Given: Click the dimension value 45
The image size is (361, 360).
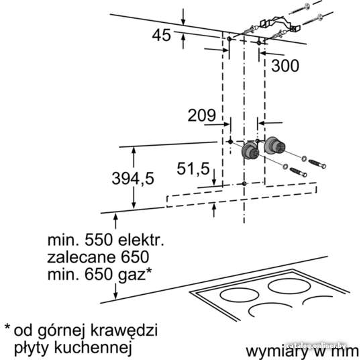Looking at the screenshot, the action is click(x=162, y=36).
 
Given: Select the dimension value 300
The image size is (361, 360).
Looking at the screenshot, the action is click(x=285, y=65).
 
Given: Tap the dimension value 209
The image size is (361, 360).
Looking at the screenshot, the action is click(x=202, y=116).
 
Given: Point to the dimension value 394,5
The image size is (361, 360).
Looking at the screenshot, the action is click(x=133, y=179).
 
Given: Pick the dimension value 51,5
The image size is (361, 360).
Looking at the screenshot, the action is click(x=193, y=169).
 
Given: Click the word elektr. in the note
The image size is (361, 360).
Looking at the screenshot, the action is click(x=141, y=240).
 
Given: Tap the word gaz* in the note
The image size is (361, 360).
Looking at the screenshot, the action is click(x=134, y=275).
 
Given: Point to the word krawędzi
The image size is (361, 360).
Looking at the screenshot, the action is click(x=124, y=330).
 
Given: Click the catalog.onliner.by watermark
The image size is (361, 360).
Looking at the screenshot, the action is click(x=316, y=346).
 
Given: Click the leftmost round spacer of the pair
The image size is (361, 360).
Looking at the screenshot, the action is click(x=250, y=151).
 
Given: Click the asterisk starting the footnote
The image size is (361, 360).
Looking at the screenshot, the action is click(x=7, y=327).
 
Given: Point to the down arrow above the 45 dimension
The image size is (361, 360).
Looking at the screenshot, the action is click(x=183, y=17).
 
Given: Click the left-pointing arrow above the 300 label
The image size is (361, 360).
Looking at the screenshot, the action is click(x=272, y=54).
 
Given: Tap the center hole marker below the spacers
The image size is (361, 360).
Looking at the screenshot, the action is click(x=244, y=183).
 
